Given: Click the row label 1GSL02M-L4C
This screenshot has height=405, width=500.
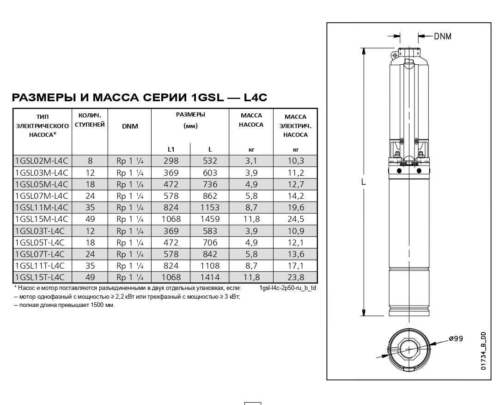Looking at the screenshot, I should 42,161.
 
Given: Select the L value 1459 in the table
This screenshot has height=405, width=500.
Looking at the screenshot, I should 210,219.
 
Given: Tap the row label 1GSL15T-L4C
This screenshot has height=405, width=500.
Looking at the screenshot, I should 40,277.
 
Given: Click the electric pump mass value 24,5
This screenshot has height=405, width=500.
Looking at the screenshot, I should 295,219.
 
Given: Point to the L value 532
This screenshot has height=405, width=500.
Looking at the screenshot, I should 210,161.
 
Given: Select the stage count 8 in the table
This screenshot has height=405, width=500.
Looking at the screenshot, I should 90,161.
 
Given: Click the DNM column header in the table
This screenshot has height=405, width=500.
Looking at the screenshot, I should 130,126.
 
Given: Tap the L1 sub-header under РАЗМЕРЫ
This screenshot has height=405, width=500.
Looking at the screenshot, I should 171,149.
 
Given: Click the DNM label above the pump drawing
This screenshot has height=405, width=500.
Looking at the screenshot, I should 442,37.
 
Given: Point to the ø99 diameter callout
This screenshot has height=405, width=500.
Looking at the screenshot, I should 456,338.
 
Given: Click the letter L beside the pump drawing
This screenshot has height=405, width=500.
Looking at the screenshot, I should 364,182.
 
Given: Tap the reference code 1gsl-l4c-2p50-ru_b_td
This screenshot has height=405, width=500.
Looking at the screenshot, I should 287,288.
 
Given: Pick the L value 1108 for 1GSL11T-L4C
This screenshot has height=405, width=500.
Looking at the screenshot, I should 210,266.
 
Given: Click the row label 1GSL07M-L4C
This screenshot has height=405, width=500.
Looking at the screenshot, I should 42,196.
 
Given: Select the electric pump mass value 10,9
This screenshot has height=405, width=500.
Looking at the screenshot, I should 295,231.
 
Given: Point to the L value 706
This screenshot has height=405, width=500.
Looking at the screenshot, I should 210,243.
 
